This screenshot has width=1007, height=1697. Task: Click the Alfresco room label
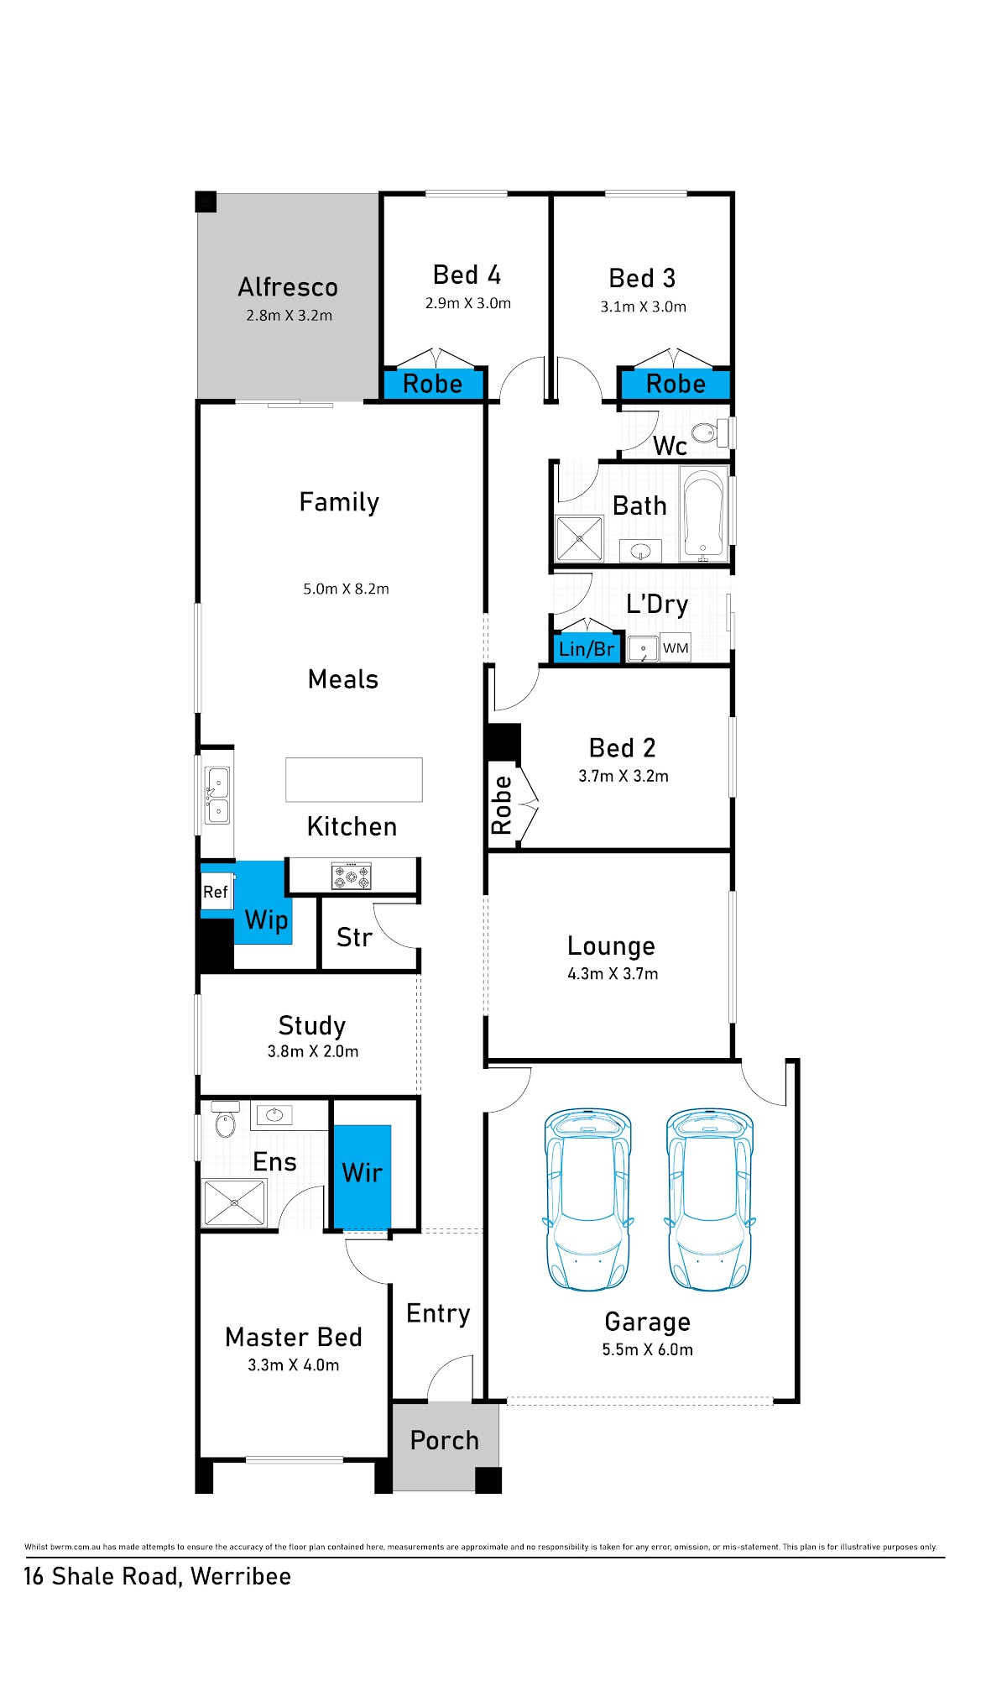click(288, 287)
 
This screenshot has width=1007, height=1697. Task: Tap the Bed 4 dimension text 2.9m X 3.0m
click(467, 303)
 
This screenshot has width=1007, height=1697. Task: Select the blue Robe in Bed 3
click(676, 384)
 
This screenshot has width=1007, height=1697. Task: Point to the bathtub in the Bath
click(703, 514)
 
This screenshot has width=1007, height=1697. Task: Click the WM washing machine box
click(676, 647)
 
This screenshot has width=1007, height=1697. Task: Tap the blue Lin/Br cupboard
click(587, 648)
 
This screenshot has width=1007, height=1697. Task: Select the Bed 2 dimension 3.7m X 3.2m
click(624, 776)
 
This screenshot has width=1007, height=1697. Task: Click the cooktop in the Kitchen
click(352, 876)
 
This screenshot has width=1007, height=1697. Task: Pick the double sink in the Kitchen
click(217, 795)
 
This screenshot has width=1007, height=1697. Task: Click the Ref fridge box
click(216, 892)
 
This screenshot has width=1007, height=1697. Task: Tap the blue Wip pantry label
click(267, 919)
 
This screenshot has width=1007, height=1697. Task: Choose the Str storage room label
click(354, 937)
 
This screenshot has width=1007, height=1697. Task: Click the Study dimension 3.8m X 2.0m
click(313, 1051)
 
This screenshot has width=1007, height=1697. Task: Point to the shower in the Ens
click(235, 1203)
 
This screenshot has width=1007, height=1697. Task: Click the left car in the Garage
click(587, 1199)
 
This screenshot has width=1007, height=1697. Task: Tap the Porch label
click(445, 1440)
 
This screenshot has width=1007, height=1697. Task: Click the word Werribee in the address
click(241, 1576)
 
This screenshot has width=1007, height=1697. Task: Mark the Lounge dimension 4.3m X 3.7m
click(613, 974)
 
